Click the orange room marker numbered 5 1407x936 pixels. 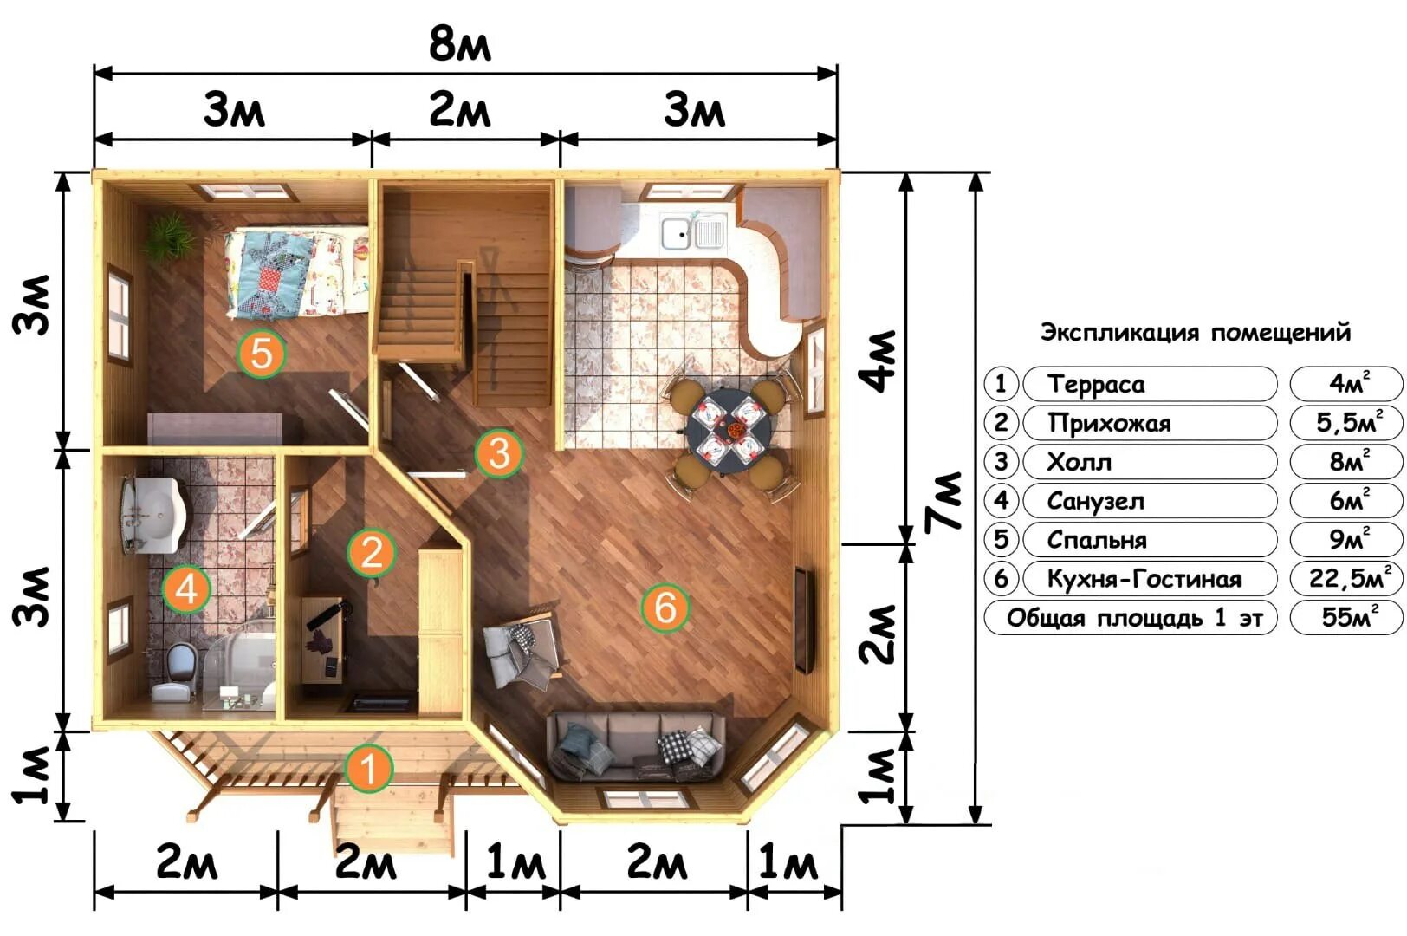tap(262, 354)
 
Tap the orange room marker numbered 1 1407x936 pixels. tap(369, 768)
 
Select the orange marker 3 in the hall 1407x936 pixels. tap(499, 453)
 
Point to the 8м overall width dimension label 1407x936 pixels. tap(460, 44)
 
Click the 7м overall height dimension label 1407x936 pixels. tap(943, 501)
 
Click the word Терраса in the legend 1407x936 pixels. tap(1096, 384)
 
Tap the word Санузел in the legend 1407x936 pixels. tap(1095, 501)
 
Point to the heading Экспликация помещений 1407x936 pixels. tap(1196, 332)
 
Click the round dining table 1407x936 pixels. tap(729, 432)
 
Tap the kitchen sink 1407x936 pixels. tap(693, 231)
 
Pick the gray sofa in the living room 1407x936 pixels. tap(635, 746)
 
